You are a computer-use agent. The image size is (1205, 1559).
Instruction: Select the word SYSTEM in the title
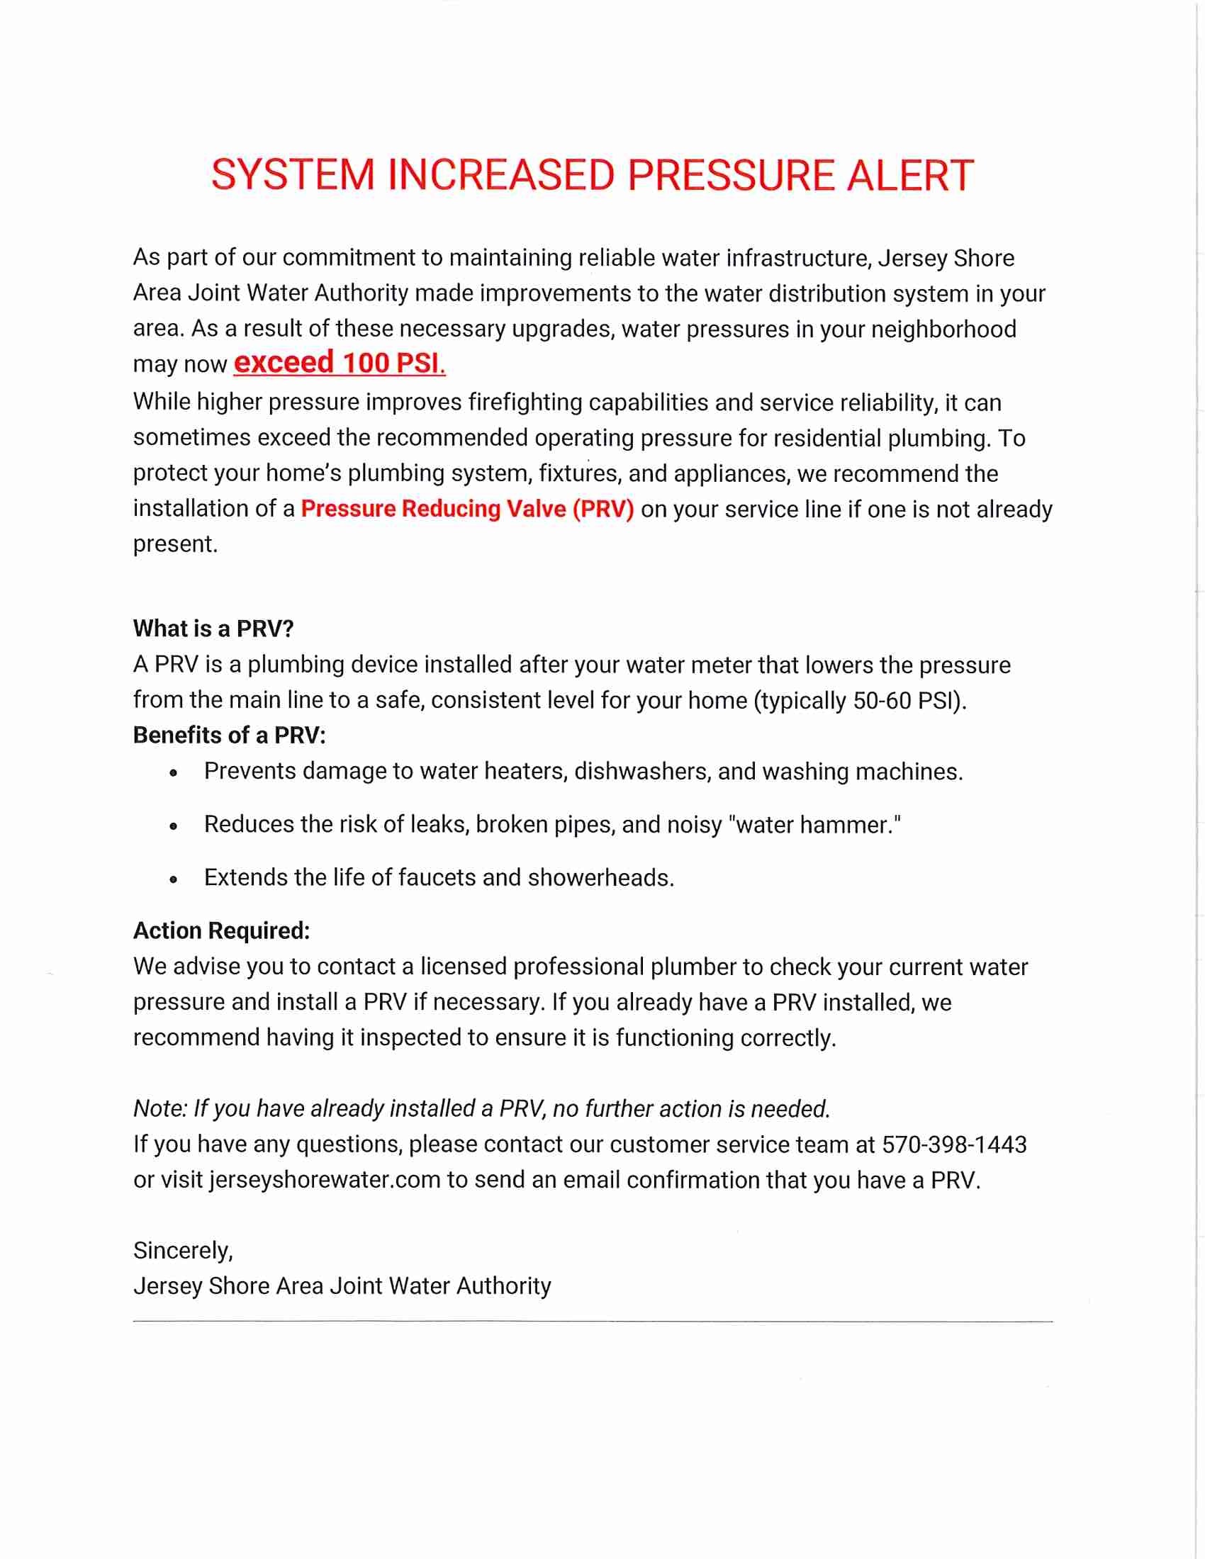[x=293, y=176]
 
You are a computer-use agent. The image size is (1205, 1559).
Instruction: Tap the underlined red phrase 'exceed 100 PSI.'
[x=340, y=364]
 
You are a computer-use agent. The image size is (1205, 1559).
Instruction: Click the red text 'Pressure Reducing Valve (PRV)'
[x=468, y=509]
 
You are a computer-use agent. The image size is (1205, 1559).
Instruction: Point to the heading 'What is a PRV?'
[x=213, y=629]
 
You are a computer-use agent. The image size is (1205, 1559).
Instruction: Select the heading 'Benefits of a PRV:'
[x=229, y=736]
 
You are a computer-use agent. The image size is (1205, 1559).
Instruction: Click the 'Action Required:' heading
[x=221, y=931]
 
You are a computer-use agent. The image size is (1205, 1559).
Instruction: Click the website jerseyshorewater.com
[x=325, y=1180]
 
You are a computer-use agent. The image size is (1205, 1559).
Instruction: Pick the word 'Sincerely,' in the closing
[x=184, y=1251]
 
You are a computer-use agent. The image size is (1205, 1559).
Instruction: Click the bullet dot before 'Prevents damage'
[x=174, y=773]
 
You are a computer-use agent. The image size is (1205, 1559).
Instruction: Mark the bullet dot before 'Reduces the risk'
[x=174, y=826]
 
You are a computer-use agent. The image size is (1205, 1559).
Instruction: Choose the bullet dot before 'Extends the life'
[x=174, y=879]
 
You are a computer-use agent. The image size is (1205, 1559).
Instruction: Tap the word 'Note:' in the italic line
[x=161, y=1108]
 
